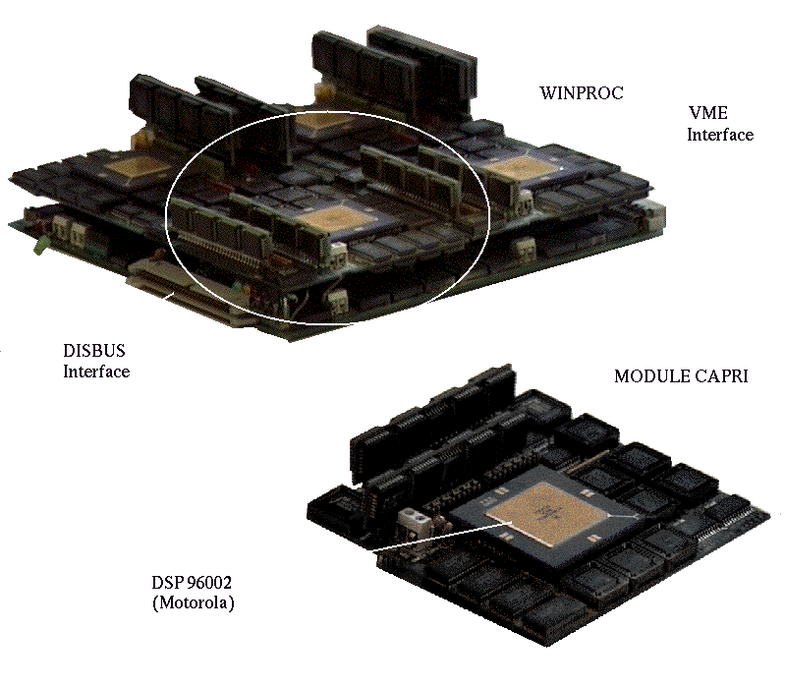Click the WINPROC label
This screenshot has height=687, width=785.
[x=582, y=93]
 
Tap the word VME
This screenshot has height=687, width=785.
[x=708, y=113]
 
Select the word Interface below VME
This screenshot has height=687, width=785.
[x=720, y=135]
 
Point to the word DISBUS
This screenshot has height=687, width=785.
[x=94, y=351]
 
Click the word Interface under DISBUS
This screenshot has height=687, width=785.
[x=96, y=372]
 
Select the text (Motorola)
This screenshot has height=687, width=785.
[x=194, y=602]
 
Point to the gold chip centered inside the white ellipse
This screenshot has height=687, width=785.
[x=333, y=220]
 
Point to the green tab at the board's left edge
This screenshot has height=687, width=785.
[x=39, y=247]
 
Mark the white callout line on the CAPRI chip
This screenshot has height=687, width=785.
[x=441, y=536]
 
